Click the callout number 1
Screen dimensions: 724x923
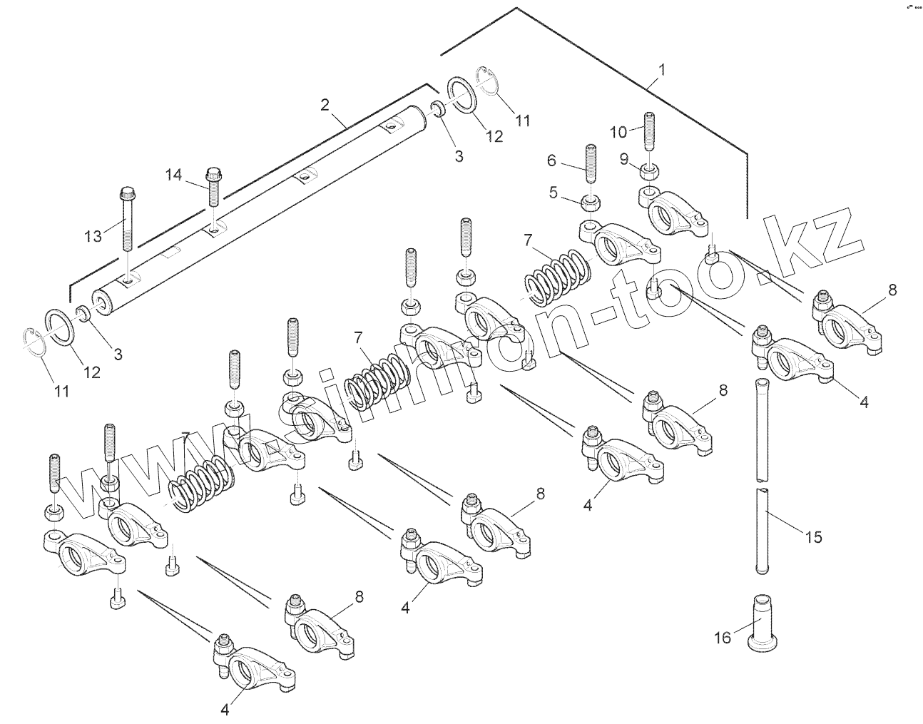662,70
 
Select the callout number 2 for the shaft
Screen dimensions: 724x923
325,105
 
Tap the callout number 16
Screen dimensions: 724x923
723,637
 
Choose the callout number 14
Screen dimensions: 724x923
175,174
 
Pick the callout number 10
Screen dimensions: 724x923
618,131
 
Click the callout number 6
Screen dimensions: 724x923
551,160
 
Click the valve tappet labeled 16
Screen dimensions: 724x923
762,623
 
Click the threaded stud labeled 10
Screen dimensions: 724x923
651,132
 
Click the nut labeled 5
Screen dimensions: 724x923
591,204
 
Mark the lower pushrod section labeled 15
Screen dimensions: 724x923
763,528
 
